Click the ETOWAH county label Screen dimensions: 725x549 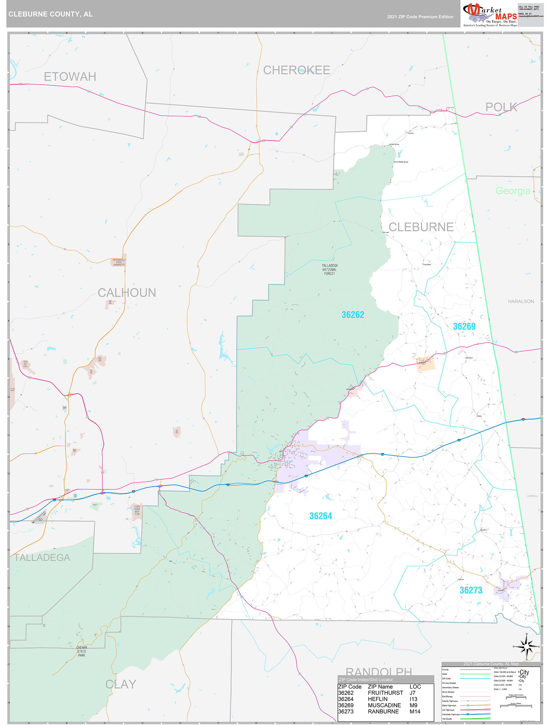70,77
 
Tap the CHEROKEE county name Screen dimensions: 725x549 297,70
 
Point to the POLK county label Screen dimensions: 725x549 501,107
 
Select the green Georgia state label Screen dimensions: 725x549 513,191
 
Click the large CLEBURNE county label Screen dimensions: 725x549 421,227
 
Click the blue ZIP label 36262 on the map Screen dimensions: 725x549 353,315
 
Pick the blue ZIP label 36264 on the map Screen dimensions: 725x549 321,516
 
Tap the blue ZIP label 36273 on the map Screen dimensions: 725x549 470,590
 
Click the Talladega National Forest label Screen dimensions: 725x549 329,269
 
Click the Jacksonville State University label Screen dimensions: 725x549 119,262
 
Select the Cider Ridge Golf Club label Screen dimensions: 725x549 137,510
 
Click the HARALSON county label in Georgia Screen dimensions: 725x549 521,301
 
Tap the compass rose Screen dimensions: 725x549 526,646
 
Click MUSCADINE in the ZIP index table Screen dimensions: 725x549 384,705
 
